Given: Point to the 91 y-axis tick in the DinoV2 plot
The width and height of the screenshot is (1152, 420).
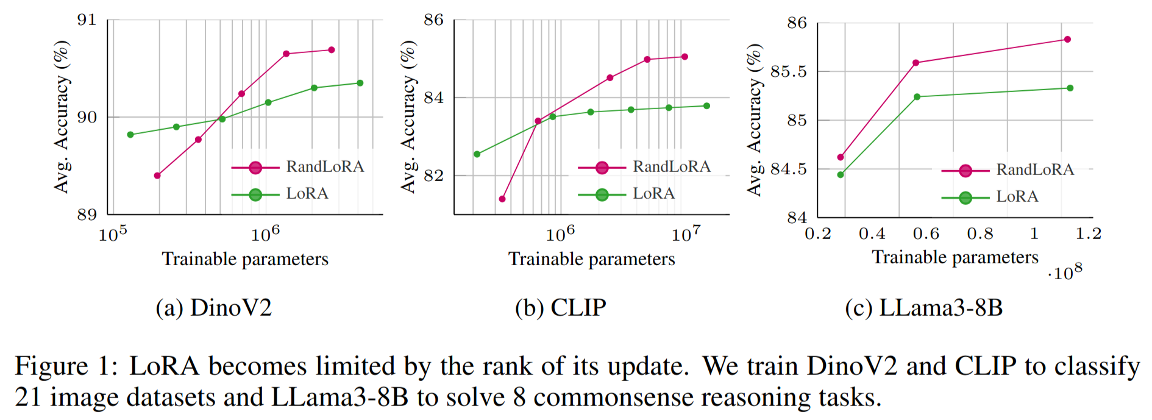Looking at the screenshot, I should click(x=87, y=20).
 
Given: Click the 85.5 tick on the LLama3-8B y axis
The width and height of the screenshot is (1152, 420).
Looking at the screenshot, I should click(x=788, y=72).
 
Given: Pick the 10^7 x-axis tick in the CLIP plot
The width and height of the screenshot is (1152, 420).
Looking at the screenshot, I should click(x=686, y=234).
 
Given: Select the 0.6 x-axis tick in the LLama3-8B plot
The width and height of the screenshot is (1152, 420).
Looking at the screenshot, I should click(x=926, y=234).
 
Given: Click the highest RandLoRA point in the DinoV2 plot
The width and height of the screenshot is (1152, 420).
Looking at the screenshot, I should click(x=332, y=50).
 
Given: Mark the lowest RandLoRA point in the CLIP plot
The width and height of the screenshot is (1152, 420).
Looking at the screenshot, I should click(x=502, y=199).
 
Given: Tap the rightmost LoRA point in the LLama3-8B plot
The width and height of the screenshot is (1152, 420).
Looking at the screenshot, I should click(x=1070, y=88).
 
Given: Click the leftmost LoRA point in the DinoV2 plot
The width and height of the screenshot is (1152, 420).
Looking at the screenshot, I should click(x=130, y=135).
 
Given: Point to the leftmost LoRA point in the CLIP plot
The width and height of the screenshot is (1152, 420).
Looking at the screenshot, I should click(x=477, y=154).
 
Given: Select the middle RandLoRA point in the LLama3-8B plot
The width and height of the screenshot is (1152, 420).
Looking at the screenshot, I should click(x=916, y=63).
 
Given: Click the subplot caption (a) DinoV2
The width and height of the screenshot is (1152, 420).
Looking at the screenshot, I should click(x=213, y=308).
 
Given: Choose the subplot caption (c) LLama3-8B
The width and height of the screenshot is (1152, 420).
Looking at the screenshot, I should click(x=923, y=308).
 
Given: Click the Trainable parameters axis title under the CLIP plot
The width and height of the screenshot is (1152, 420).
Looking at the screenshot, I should click(x=591, y=259).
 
